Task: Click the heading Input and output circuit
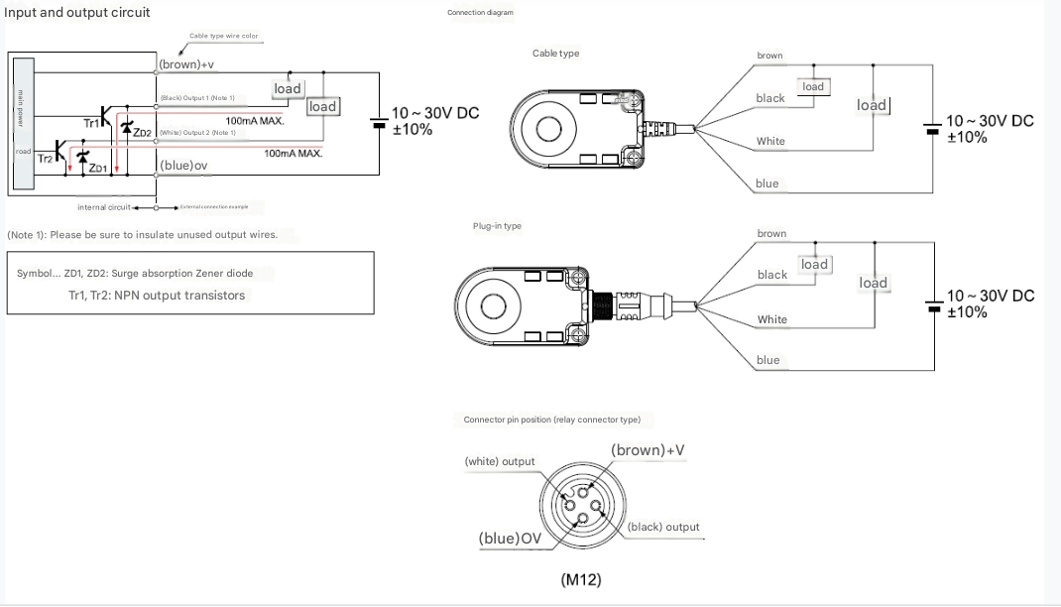pyautogui.click(x=77, y=13)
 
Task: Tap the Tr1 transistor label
pyautogui.click(x=91, y=123)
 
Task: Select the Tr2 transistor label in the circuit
pyautogui.click(x=45, y=158)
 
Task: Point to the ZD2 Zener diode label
pyautogui.click(x=143, y=133)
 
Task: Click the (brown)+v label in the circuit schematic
pyautogui.click(x=186, y=64)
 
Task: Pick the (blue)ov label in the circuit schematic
pyautogui.click(x=183, y=165)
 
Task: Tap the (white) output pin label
pyautogui.click(x=500, y=461)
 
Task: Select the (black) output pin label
pyautogui.click(x=663, y=527)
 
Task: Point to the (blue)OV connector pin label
pyautogui.click(x=511, y=539)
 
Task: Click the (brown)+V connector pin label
pyautogui.click(x=648, y=450)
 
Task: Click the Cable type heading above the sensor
pyautogui.click(x=555, y=54)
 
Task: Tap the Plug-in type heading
pyautogui.click(x=497, y=226)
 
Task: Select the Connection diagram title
pyautogui.click(x=480, y=13)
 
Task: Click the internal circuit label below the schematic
pyautogui.click(x=104, y=207)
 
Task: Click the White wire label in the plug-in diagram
pyautogui.click(x=772, y=319)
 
